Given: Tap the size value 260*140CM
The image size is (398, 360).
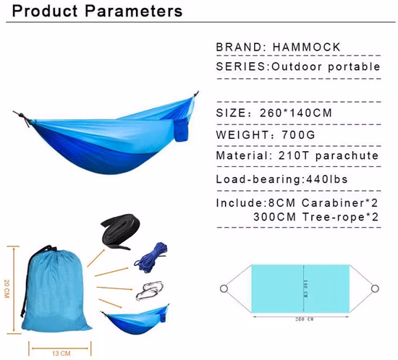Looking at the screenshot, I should coord(320,113).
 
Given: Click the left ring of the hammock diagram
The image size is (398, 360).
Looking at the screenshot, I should coord(224,289).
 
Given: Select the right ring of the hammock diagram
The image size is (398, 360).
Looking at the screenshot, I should coord(376,289).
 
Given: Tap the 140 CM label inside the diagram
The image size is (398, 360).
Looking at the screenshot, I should coord(306,288).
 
